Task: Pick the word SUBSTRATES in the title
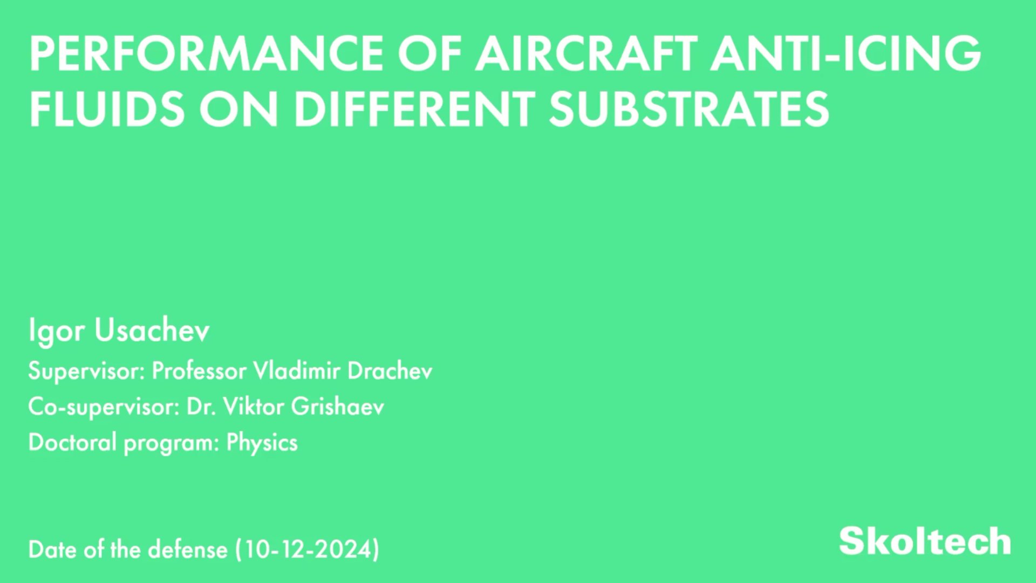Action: point(689,109)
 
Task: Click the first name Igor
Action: point(56,331)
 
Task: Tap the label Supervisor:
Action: point(86,372)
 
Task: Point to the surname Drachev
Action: point(390,371)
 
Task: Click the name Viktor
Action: point(254,406)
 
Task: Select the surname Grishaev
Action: point(338,406)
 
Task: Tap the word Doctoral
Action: point(72,442)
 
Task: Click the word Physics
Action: point(262,443)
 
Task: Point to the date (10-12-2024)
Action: point(308,550)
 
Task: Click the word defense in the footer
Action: point(188,550)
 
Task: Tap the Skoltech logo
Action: point(925,541)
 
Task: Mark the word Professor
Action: point(199,371)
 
